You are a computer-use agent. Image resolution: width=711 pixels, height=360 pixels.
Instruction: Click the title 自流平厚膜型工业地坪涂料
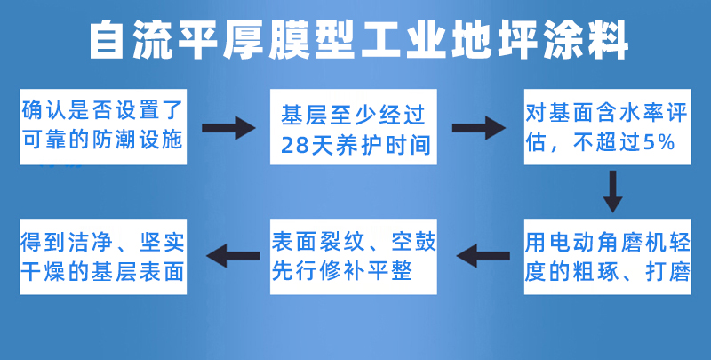tap(359, 40)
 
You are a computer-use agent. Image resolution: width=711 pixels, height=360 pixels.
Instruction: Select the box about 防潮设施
tap(103, 127)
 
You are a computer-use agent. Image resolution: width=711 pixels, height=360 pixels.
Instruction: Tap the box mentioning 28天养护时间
tap(353, 127)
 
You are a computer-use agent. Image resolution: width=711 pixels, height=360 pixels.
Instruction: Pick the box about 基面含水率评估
tap(608, 127)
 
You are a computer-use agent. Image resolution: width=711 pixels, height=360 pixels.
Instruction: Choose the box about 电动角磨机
tap(608, 257)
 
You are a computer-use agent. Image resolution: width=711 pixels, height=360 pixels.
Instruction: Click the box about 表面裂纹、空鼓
tap(353, 257)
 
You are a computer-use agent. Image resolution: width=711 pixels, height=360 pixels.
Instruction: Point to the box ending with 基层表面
tap(103, 257)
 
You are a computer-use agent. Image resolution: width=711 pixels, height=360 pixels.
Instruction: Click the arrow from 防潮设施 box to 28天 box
tap(228, 128)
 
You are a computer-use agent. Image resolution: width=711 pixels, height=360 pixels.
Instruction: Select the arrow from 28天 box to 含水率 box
tap(479, 128)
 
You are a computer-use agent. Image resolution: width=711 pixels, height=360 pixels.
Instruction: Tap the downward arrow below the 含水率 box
tap(612, 191)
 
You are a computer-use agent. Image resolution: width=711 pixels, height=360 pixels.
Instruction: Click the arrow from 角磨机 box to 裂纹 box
tap(483, 256)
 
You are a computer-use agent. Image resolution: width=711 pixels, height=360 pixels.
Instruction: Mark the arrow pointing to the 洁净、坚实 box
tap(233, 256)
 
